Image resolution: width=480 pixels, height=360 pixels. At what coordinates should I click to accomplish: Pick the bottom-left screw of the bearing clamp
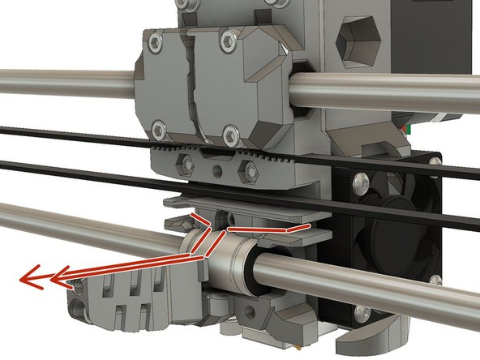point(157,126)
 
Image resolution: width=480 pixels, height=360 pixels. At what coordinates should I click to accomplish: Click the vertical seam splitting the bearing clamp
point(193,81)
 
